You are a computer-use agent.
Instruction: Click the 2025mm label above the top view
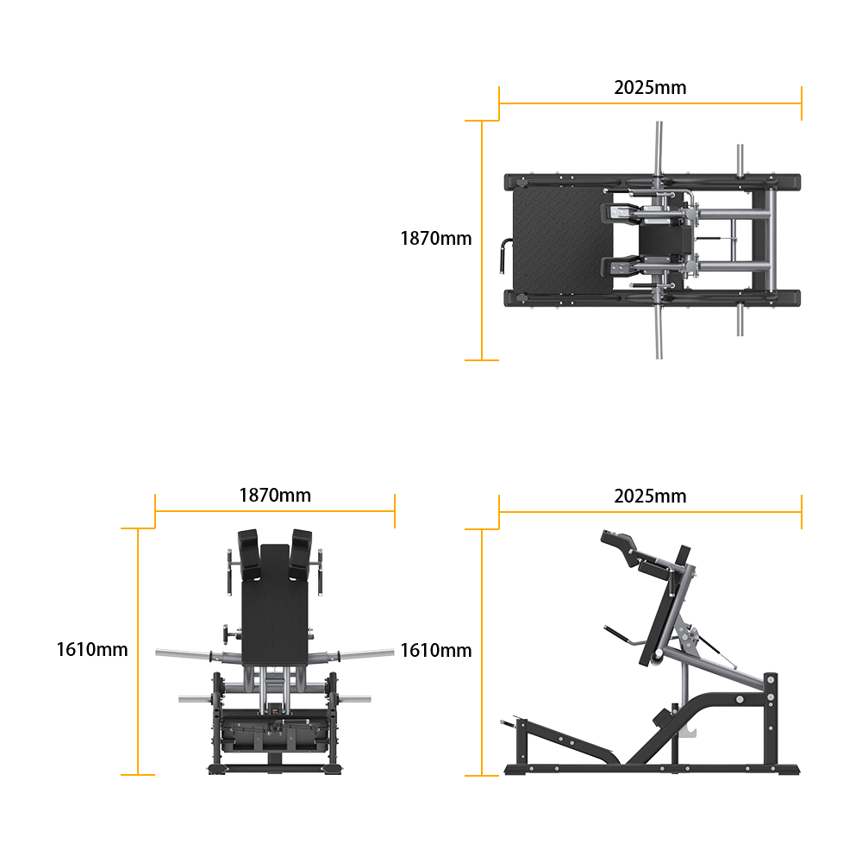650,88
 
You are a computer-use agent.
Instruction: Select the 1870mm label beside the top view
436,239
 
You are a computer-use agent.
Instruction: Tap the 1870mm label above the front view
275,496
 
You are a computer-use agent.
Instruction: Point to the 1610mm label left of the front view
92,650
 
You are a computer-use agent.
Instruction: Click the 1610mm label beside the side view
436,650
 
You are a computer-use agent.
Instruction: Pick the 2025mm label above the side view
650,497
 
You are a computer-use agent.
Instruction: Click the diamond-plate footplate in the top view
562,240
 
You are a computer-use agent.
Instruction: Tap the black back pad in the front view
275,605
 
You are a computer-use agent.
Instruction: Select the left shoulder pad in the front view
249,554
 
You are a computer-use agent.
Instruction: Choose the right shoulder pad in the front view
301,554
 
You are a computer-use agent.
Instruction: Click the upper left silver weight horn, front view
184,653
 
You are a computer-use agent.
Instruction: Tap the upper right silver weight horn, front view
366,653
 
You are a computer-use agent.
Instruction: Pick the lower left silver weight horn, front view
195,700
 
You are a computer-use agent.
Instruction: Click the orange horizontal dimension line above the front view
275,511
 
